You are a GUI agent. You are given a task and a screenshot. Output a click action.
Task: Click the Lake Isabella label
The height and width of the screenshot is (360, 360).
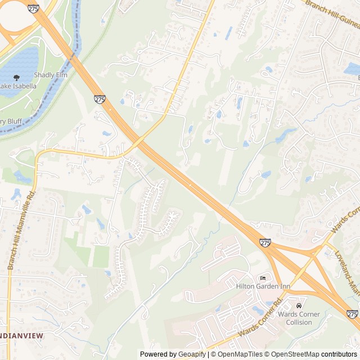click(18, 86)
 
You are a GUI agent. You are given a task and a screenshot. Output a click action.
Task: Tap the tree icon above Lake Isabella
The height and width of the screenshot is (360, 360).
click(16, 78)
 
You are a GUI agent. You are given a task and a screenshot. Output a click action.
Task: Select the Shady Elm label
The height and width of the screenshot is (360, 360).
click(51, 75)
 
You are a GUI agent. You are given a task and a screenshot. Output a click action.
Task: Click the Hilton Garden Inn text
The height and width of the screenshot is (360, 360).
click(263, 286)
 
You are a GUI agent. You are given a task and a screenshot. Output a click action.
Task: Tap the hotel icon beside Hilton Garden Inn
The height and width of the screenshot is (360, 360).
click(263, 278)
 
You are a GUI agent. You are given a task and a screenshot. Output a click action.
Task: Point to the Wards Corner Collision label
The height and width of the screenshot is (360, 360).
click(299, 318)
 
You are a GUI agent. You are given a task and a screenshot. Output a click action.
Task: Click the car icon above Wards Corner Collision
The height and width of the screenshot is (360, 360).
click(299, 305)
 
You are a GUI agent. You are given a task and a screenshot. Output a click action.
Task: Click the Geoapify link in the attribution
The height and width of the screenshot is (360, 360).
click(192, 354)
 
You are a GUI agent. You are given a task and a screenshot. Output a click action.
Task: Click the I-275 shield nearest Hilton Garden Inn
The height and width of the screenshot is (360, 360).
click(265, 242)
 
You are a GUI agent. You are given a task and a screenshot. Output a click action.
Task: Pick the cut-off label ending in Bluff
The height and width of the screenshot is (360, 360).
click(11, 121)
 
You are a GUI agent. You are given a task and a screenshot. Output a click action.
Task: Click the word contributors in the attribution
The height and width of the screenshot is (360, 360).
click(339, 354)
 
